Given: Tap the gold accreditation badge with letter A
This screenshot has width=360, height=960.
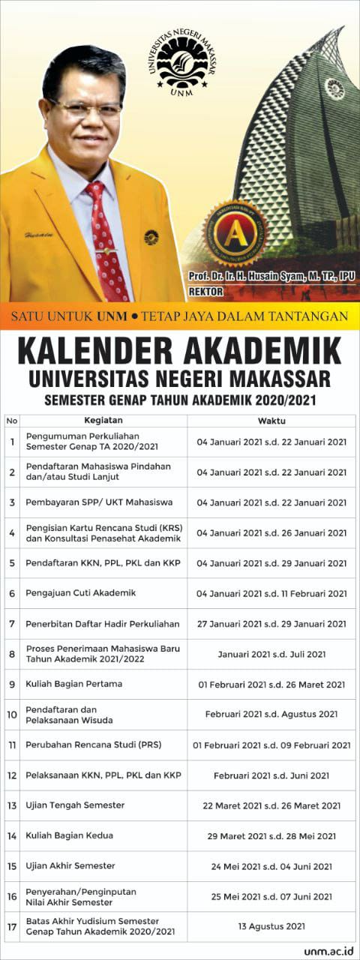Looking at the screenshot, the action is coord(235,233).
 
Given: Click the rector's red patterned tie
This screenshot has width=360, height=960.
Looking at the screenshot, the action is coord(106,240).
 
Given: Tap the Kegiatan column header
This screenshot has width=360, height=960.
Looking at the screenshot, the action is coord(103,421).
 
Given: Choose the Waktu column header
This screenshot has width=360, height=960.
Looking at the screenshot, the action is coord(271,421).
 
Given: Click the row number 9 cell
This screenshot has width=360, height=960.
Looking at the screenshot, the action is coord(12,684).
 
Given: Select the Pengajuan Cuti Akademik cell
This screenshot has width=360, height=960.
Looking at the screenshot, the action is coord(81,593).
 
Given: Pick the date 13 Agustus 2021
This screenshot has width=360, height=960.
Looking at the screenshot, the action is coord(271,926).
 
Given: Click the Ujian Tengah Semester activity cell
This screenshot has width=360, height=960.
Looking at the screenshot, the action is coord(75,805).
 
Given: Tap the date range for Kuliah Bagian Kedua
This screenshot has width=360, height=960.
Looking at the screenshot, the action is coord(271,835).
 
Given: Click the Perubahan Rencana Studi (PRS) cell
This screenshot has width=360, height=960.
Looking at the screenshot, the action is coord(94,745).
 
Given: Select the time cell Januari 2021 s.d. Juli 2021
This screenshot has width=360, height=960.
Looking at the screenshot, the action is coord(271,654).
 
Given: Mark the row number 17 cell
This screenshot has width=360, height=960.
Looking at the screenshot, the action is coord(12,926).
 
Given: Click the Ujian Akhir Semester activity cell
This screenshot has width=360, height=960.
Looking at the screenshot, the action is coord(70,865).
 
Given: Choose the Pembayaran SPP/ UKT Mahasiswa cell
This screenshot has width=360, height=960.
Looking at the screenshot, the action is coord(99,502).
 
